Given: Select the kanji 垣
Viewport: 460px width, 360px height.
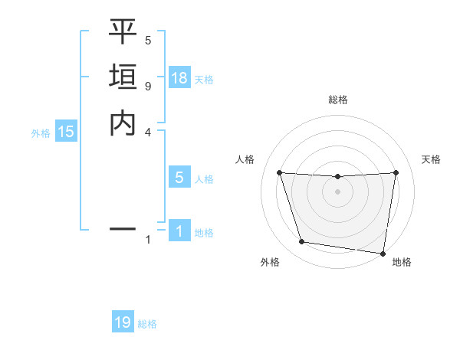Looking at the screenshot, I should pyautogui.click(x=123, y=77).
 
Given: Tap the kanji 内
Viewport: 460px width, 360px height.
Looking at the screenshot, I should pyautogui.click(x=123, y=123).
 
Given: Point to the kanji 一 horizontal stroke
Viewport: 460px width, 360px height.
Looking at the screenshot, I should pyautogui.click(x=123, y=228).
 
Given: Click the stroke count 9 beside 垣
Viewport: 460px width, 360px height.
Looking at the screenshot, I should pyautogui.click(x=148, y=86).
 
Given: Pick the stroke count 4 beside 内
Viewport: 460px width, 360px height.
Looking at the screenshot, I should pyautogui.click(x=148, y=131).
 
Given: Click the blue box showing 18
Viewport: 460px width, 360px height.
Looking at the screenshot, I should pyautogui.click(x=179, y=78).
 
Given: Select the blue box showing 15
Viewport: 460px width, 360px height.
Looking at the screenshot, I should pyautogui.click(x=66, y=132).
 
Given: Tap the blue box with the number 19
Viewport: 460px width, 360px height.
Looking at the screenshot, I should pyautogui.click(x=123, y=322).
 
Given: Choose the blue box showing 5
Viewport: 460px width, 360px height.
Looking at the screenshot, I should pyautogui.click(x=179, y=178).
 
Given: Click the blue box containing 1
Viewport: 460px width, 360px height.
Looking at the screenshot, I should pyautogui.click(x=179, y=231).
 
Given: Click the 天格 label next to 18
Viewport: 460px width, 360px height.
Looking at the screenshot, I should pyautogui.click(x=204, y=79).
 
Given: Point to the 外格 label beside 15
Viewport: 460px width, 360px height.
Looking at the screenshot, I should pyautogui.click(x=41, y=133).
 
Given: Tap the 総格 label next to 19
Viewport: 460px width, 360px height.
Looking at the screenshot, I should pyautogui.click(x=147, y=324).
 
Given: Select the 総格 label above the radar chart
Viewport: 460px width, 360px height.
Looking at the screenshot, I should pyautogui.click(x=337, y=100).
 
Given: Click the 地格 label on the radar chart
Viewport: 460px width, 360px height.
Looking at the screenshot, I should pyautogui.click(x=402, y=262).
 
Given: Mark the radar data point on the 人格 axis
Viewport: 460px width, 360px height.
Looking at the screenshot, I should pyautogui.click(x=279, y=172).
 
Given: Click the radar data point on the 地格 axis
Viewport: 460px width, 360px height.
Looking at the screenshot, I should pyautogui.click(x=383, y=253).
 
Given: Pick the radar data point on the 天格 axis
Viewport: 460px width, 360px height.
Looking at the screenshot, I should pyautogui.click(x=396, y=172).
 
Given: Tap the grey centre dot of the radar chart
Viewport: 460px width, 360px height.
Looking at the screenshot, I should pyautogui.click(x=337, y=191).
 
